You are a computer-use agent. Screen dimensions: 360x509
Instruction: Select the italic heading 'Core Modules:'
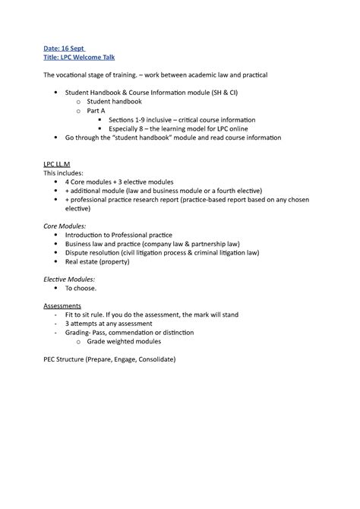point(65,226)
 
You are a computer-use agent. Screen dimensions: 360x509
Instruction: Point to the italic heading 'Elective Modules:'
point(71,279)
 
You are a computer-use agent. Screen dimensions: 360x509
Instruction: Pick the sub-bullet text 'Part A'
point(98,111)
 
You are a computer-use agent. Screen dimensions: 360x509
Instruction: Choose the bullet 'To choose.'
point(81,289)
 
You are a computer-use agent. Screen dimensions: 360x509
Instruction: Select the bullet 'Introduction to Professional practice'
point(118,235)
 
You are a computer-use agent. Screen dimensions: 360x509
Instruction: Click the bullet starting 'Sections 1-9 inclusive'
point(182,120)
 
